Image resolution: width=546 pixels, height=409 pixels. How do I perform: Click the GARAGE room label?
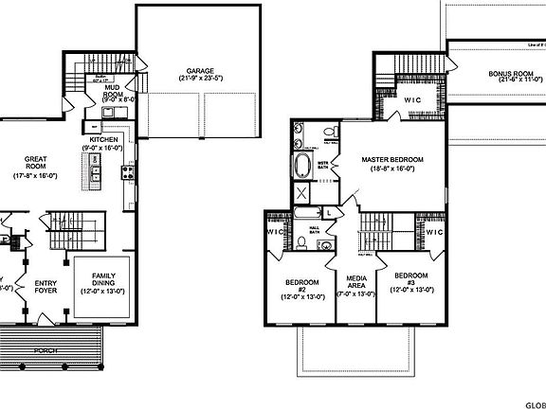click(x=199, y=71)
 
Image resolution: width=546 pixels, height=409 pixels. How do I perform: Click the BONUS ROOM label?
click(x=510, y=73)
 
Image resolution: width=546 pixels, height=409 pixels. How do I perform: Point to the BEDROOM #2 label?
click(x=302, y=284)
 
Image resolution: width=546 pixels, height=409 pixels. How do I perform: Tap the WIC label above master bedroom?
click(x=411, y=99)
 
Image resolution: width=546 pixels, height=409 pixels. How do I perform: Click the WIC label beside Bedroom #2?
click(x=276, y=232)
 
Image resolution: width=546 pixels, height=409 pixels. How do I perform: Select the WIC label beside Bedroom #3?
click(x=435, y=232)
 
